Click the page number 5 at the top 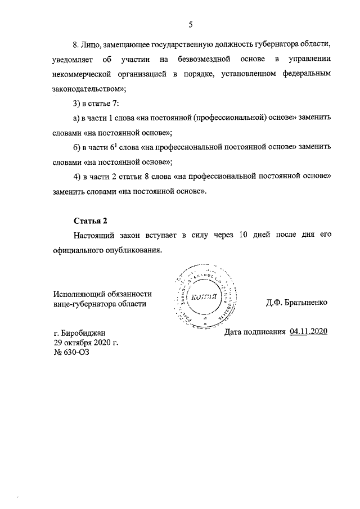[191, 24]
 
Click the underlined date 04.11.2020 [308, 331]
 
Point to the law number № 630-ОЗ [71, 352]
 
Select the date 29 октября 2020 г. [85, 343]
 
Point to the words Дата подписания [255, 331]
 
